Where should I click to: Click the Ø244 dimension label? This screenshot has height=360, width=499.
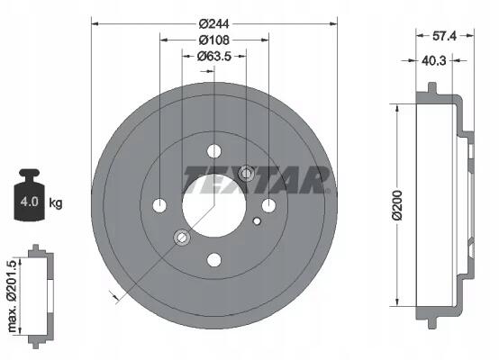(214, 24)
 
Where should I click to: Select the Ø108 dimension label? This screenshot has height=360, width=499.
(214, 40)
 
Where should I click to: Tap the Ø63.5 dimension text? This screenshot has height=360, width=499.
(214, 57)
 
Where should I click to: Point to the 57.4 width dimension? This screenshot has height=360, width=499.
(444, 36)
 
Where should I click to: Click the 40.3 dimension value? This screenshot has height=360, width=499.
(434, 60)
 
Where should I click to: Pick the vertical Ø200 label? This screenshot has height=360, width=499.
(397, 205)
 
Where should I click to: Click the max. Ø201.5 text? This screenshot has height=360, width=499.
(12, 296)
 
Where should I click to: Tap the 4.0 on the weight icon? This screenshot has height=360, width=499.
(30, 202)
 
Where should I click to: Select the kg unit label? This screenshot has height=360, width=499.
(56, 202)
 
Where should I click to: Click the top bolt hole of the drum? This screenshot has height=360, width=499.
(214, 151)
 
